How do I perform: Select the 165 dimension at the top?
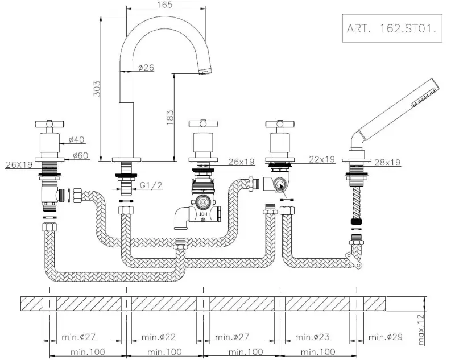pos(166,5)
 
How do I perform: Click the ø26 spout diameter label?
pos(146,68)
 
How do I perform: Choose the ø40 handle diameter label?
pos(77,139)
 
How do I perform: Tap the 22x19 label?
pos(322,160)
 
